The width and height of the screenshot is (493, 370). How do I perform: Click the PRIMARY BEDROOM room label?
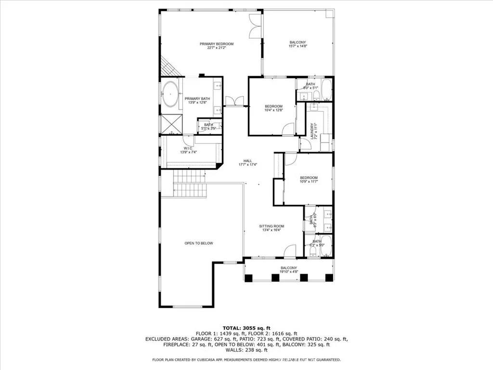[x=217, y=46]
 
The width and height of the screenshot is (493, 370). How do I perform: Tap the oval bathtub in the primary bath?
[x=170, y=94]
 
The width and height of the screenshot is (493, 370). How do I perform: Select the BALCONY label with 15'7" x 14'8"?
[x=298, y=44]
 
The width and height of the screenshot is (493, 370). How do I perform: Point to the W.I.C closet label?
[x=188, y=150]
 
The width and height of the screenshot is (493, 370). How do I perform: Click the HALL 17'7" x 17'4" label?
[x=248, y=162]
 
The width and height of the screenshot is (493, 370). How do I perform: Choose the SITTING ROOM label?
[x=272, y=228]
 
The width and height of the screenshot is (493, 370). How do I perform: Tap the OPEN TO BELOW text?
[x=199, y=243]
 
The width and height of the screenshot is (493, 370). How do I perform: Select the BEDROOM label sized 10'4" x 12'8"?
[x=273, y=108]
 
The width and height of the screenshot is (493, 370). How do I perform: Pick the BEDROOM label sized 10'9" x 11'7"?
[x=309, y=179]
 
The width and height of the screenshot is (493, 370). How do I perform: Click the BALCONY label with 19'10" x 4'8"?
[x=289, y=270]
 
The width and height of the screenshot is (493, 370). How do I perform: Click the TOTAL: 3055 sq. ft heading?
[x=246, y=328]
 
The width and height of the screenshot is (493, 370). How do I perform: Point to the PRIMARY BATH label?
[x=199, y=100]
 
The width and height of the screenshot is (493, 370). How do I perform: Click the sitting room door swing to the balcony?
[x=289, y=251]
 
